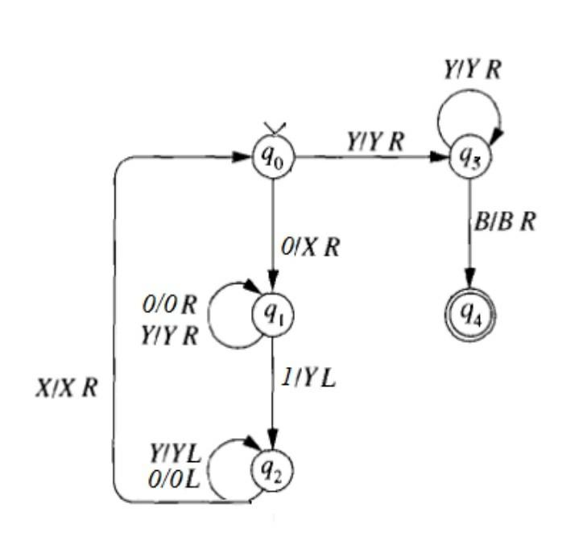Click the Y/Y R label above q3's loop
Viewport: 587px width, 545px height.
pyautogui.click(x=473, y=70)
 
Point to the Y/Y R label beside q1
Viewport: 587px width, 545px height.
pyautogui.click(x=168, y=335)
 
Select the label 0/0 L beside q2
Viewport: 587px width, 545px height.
pyautogui.click(x=174, y=481)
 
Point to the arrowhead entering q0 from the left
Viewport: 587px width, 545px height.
pyautogui.click(x=245, y=158)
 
